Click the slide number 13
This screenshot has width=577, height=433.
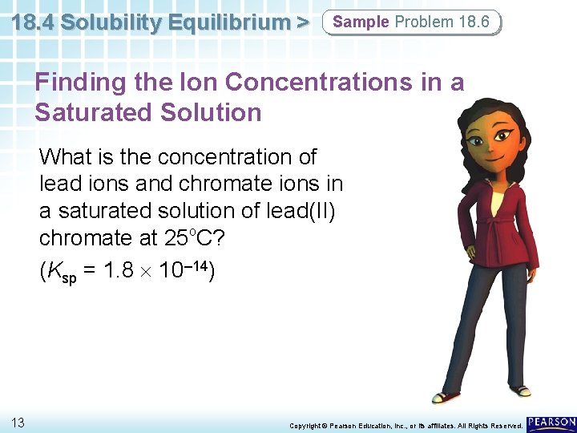[x=18, y=422]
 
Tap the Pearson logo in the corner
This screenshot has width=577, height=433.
[x=551, y=423]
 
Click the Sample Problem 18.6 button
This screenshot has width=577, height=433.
[x=411, y=22]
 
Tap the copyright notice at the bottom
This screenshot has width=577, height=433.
[x=406, y=424]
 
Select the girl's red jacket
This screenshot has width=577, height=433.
[x=497, y=225]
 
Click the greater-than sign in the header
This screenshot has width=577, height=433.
[x=301, y=22]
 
